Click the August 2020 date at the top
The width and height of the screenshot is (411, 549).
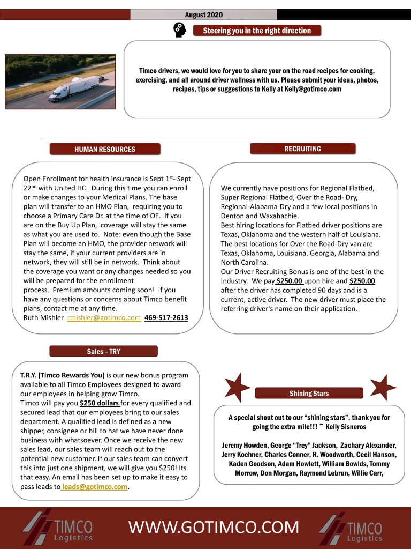[203, 14]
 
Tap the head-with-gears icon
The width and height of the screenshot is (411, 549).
[180, 31]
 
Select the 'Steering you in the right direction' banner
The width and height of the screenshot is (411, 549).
[257, 31]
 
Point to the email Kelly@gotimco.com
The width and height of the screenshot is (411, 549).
[313, 89]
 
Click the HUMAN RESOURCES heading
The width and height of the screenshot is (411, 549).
[104, 149]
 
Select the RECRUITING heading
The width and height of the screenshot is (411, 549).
[302, 149]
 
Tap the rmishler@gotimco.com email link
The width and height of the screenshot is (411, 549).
[104, 318]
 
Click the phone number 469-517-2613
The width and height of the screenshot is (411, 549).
[166, 318]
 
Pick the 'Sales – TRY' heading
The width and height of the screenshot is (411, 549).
[103, 352]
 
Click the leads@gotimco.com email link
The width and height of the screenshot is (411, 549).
[95, 487]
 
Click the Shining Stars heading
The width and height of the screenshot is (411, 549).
[309, 394]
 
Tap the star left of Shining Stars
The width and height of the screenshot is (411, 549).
[236, 387]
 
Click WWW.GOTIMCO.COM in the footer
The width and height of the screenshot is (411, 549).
[214, 528]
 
